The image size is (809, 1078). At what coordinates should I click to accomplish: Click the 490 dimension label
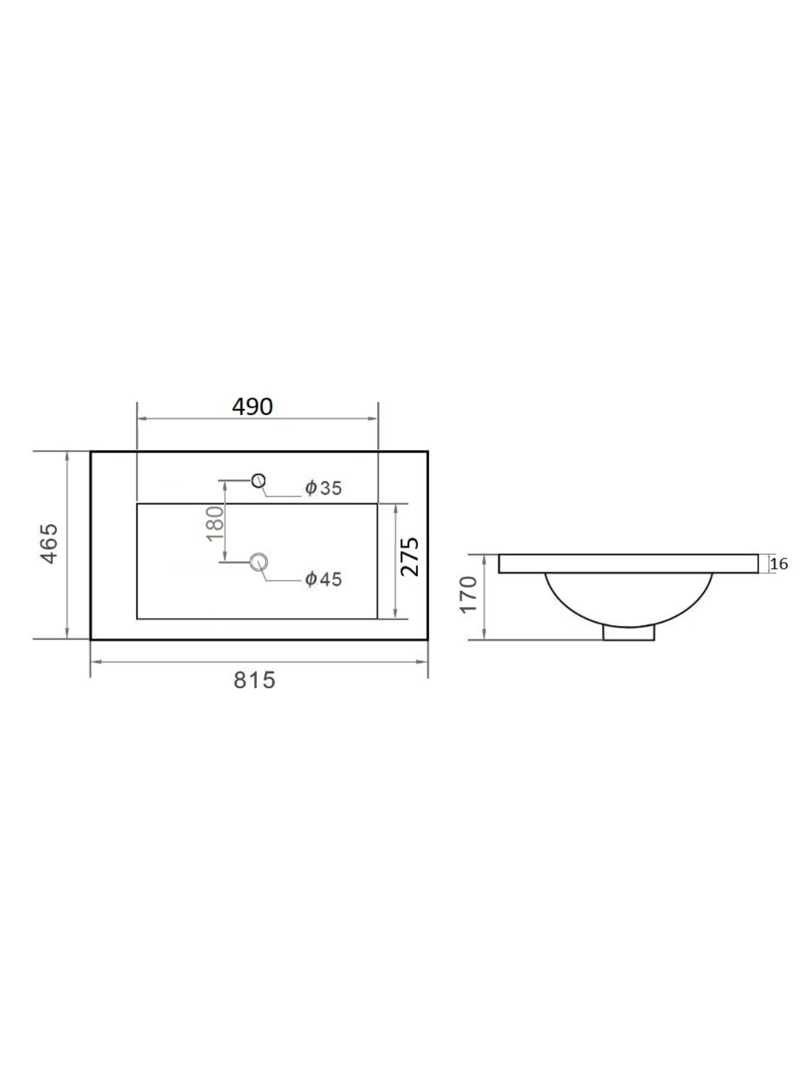click(252, 407)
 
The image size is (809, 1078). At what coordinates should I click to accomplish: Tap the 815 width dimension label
click(254, 680)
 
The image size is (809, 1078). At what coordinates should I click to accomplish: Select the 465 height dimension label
click(49, 544)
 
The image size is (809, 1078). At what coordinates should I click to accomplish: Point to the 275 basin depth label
click(410, 557)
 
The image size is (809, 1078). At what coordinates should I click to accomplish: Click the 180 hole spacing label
click(215, 524)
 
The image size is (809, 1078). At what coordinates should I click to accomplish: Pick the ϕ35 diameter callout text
click(323, 488)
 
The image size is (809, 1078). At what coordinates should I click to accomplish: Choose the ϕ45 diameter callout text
click(323, 579)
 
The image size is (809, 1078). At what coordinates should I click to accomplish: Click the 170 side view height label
click(469, 595)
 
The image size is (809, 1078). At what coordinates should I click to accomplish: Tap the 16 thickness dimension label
click(779, 564)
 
